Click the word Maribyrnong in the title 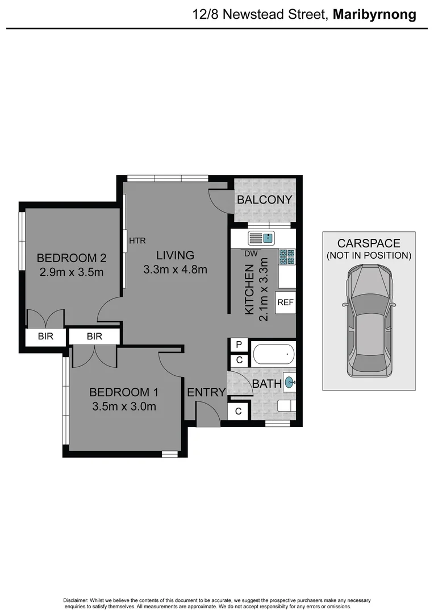(374, 15)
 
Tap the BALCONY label (264, 200)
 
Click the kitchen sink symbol (261, 238)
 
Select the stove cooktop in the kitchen (287, 257)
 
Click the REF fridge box (285, 302)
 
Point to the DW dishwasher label (251, 254)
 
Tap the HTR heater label (137, 240)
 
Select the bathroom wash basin (289, 383)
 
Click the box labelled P (239, 345)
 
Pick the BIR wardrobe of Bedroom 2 (45, 336)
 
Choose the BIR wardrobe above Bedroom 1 (94, 336)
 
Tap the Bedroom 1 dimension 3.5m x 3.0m (123, 406)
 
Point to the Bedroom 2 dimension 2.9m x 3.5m (72, 272)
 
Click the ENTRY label (206, 392)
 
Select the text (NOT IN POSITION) (369, 255)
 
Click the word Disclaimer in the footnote (76, 600)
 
